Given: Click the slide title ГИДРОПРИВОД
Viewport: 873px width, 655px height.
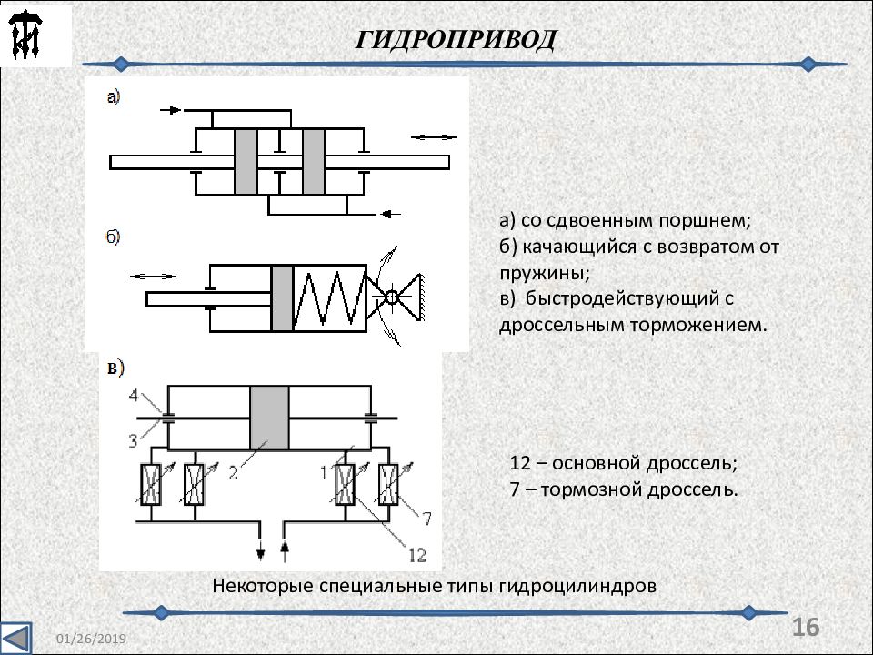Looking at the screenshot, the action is pos(456,39).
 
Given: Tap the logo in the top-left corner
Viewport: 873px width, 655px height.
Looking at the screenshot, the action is pos(25,35).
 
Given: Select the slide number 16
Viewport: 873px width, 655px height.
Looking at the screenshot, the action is pos(805,627).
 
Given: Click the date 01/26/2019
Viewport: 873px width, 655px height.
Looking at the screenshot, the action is pos(91,639).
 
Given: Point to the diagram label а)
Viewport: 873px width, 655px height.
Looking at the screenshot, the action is pos(114,97).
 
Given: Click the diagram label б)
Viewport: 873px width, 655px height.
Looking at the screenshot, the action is pos(113,237).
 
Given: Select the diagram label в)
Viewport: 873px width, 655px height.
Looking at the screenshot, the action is pos(115,368).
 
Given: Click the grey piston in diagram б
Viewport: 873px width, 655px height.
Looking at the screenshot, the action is pos(282,298).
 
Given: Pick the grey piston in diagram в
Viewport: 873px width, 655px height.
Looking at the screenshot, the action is pos(269,418).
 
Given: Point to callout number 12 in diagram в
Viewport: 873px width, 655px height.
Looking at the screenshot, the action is pos(417,555).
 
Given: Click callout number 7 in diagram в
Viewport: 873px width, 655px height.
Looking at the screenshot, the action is pos(426,519).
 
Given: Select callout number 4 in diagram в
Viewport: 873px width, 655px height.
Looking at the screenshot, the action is pos(134,395).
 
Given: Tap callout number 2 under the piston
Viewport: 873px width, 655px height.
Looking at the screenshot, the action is pos(234,473).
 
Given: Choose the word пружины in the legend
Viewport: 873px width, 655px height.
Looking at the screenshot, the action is pos(544,274).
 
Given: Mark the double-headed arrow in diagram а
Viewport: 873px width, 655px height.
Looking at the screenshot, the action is pos(433,137).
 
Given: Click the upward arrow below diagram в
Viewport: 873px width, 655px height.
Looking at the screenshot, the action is pos(285,550).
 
